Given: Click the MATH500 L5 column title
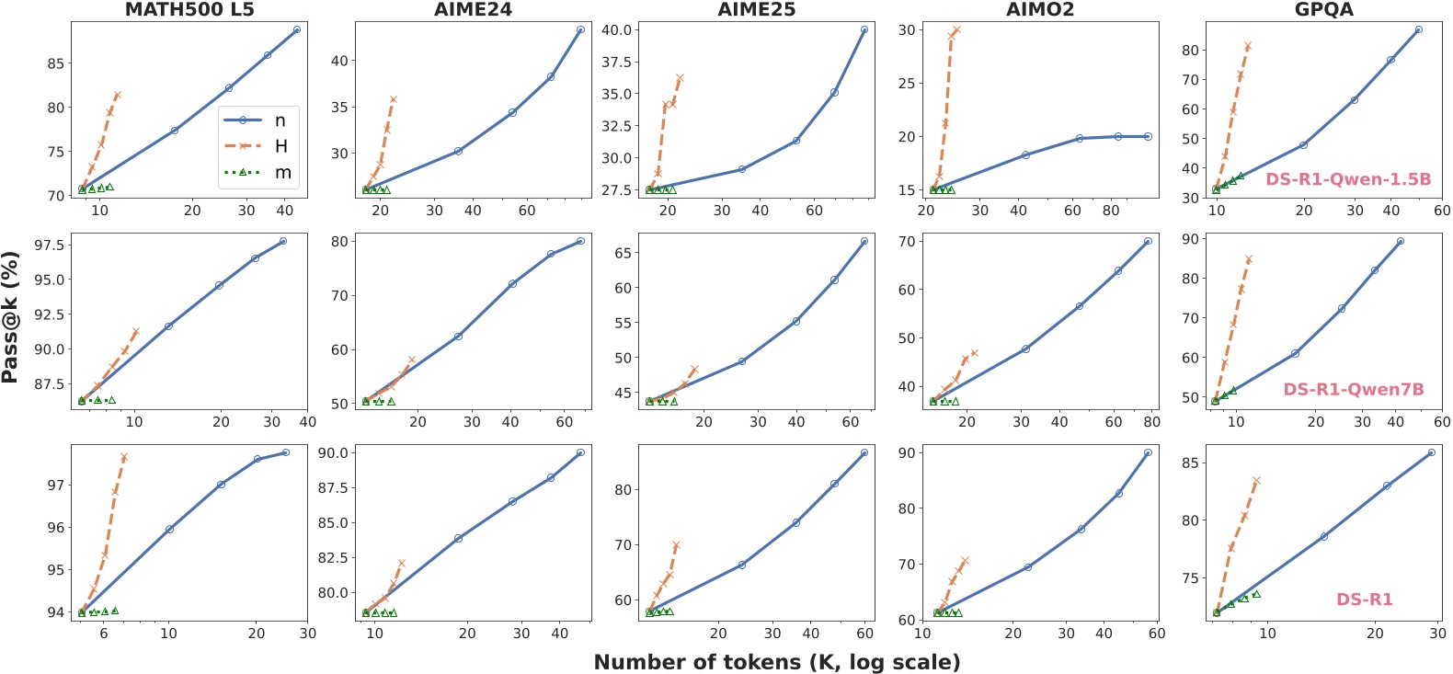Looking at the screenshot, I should click(189, 10).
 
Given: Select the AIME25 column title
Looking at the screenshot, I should click(757, 10).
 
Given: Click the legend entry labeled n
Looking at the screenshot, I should click(280, 120).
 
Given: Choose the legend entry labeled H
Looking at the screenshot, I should click(280, 146).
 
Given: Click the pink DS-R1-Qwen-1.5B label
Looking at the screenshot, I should click(1348, 179).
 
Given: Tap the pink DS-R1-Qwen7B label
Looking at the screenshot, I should click(1353, 390).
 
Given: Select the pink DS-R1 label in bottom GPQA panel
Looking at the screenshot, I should click(1364, 600).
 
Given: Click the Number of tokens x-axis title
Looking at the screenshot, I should click(776, 662).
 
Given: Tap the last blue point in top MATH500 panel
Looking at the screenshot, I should click(296, 29).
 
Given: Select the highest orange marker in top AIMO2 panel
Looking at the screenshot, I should click(956, 30).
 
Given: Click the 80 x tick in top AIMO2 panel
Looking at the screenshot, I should click(1111, 211).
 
